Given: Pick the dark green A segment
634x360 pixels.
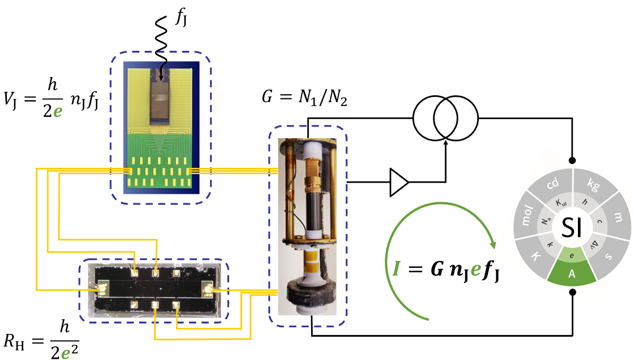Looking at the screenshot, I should [573, 273].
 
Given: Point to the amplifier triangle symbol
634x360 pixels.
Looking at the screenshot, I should [398, 183].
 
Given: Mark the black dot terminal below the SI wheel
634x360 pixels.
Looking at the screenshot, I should [572, 292].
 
